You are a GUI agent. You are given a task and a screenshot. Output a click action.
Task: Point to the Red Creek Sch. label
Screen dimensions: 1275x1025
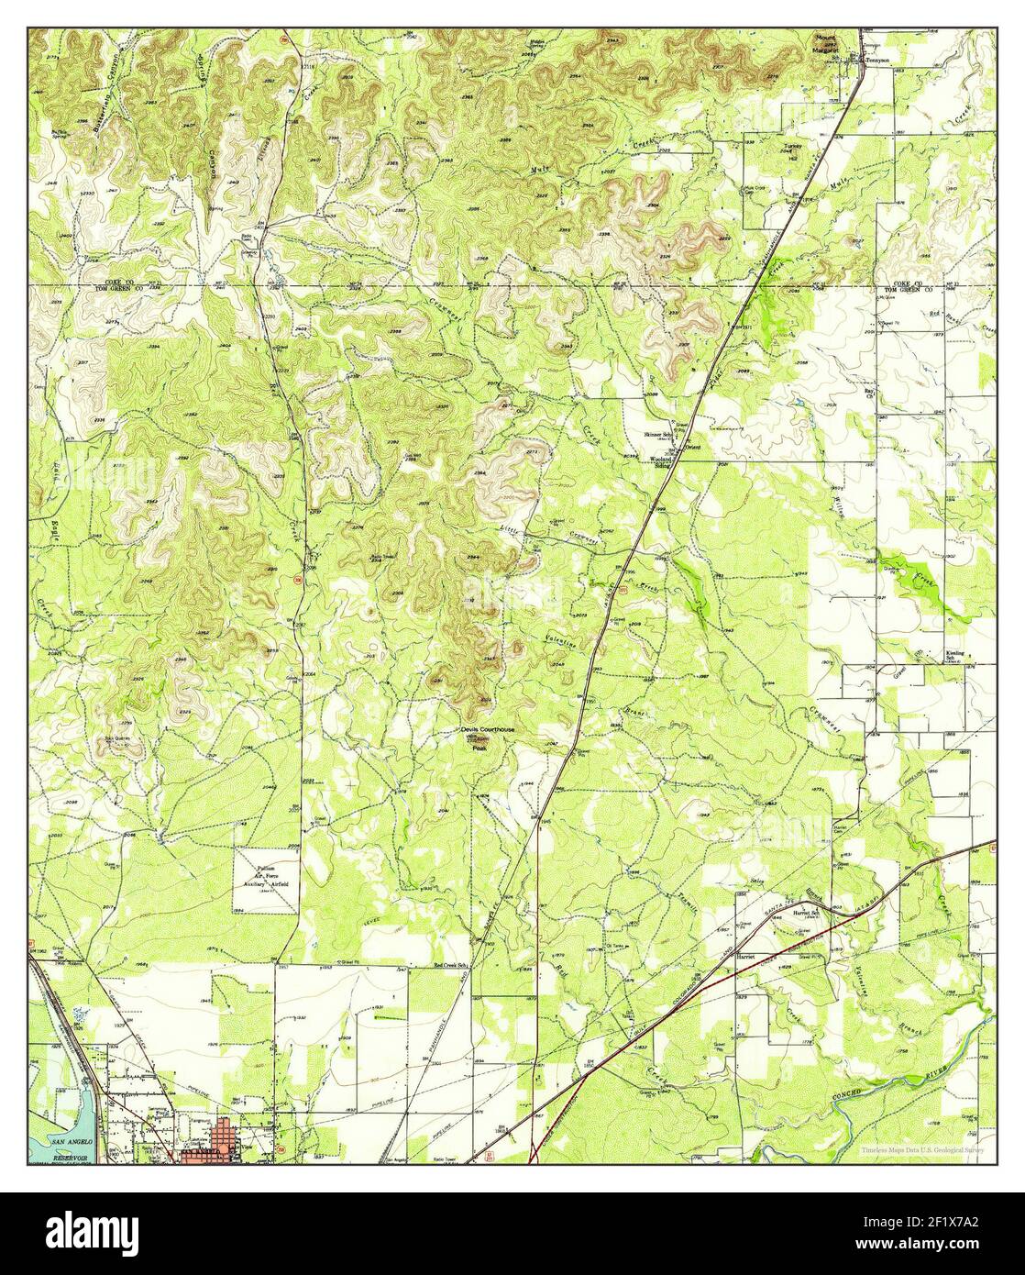pyautogui.click(x=452, y=966)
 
